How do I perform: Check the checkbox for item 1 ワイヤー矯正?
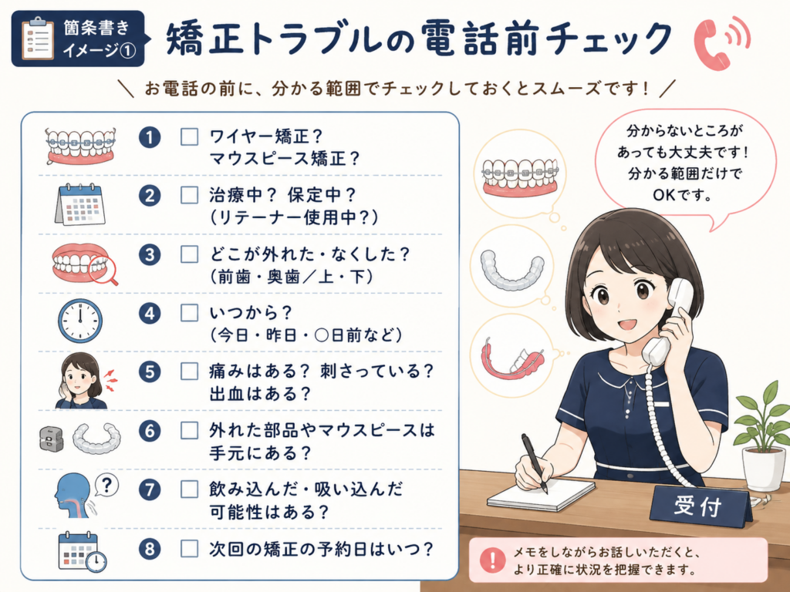point(190,137)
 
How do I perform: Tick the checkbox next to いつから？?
point(190,313)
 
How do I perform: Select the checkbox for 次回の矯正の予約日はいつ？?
point(190,549)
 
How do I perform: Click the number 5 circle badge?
point(150,372)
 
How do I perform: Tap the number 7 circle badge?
point(150,489)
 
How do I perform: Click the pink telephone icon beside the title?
point(721,43)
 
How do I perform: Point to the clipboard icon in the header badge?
point(38,39)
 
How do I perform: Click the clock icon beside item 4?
point(80,321)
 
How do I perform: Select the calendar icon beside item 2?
point(80,204)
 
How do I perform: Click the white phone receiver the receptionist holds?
point(668,322)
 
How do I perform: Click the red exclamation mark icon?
point(492,560)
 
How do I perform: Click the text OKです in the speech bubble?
point(682,194)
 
